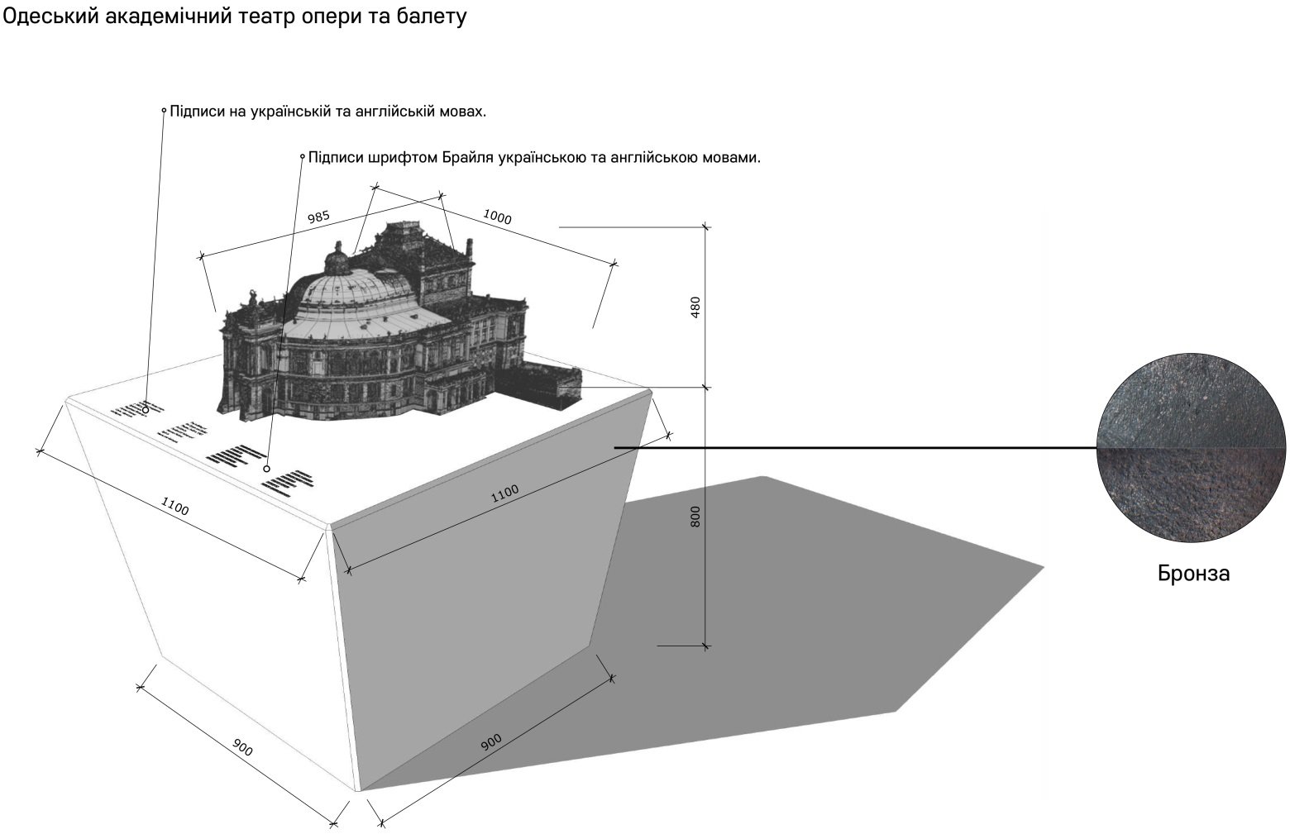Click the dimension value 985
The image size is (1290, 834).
click(x=319, y=217)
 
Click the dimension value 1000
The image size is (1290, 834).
click(x=497, y=217)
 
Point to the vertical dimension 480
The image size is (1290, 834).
click(x=695, y=307)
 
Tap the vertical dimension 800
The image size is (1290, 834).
click(x=695, y=517)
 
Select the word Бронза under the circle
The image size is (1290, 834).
click(x=1193, y=574)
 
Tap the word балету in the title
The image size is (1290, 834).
click(x=434, y=17)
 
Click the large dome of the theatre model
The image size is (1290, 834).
click(x=351, y=298)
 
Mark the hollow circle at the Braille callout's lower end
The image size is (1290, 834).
click(x=266, y=469)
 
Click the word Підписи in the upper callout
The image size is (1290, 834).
click(x=198, y=111)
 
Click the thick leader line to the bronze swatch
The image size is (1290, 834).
click(x=852, y=448)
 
